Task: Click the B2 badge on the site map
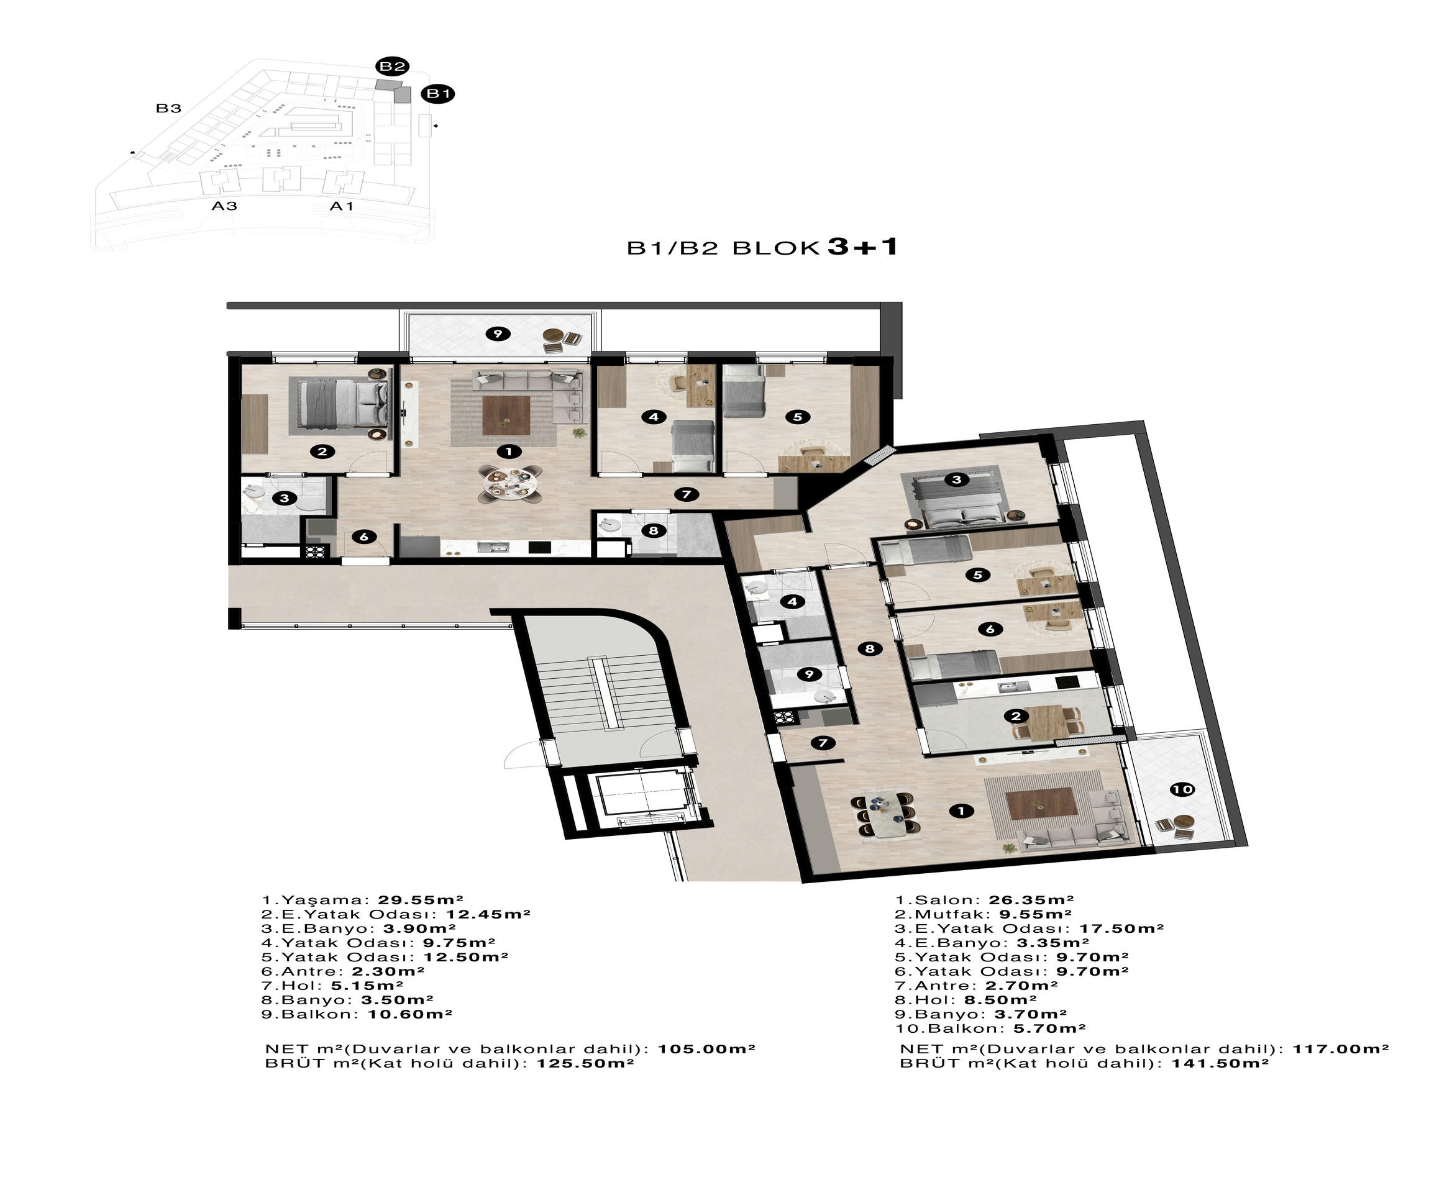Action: click(x=392, y=66)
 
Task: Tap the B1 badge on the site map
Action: click(x=438, y=94)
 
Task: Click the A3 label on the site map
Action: click(x=224, y=206)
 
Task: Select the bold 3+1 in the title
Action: click(x=862, y=246)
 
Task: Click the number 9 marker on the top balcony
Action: click(x=498, y=333)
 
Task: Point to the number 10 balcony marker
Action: click(x=1182, y=789)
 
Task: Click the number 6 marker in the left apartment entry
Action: click(x=363, y=537)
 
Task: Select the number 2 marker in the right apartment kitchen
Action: click(x=1016, y=715)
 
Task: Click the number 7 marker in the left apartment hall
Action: click(x=686, y=494)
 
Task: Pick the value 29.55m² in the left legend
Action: click(x=420, y=901)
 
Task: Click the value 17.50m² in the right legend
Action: click(x=1121, y=928)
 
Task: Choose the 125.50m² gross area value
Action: click(x=585, y=1063)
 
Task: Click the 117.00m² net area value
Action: click(x=1340, y=1049)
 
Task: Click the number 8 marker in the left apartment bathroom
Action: click(x=654, y=530)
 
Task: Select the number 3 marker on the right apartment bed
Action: click(x=956, y=480)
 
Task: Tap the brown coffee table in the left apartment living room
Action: click(x=506, y=415)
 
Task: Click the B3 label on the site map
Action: click(x=168, y=108)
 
